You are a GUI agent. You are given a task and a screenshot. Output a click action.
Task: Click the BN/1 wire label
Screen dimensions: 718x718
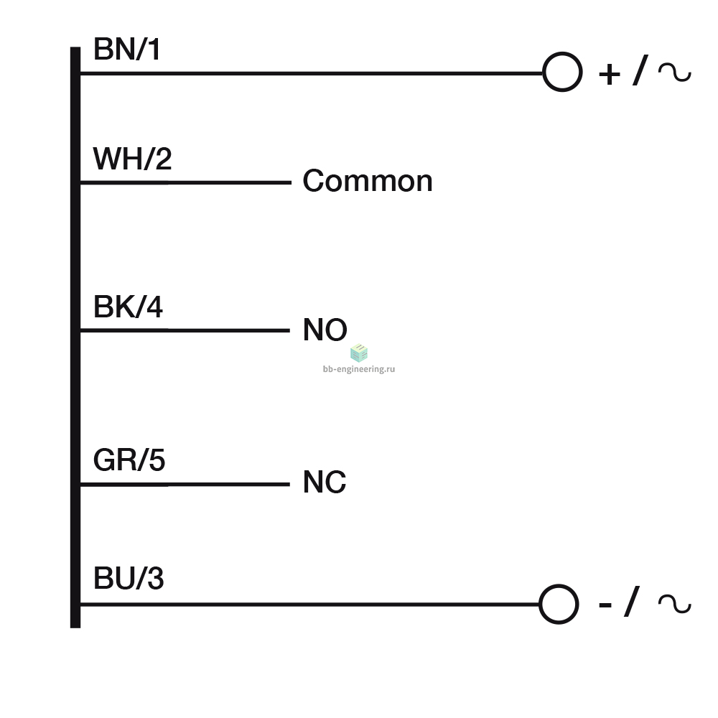pyautogui.click(x=127, y=50)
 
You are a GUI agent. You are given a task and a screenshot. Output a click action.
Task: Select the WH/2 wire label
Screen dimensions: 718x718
pyautogui.click(x=132, y=159)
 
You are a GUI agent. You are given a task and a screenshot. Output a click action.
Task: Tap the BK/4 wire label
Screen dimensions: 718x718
pyautogui.click(x=128, y=307)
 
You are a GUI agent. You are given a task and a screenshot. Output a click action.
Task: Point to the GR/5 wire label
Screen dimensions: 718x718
pyautogui.click(x=129, y=460)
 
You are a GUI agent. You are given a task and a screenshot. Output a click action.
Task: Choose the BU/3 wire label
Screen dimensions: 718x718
pyautogui.click(x=129, y=578)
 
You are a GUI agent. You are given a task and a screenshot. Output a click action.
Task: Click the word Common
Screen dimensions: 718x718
pyautogui.click(x=368, y=181)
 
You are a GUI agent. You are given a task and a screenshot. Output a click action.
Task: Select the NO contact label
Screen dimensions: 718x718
pyautogui.click(x=325, y=330)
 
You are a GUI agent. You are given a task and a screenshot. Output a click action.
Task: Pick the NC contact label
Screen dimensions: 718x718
pyautogui.click(x=325, y=482)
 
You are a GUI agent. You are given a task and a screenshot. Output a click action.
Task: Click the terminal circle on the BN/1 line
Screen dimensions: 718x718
pyautogui.click(x=562, y=53)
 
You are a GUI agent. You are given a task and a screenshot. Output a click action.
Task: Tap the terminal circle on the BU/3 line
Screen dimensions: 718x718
pyautogui.click(x=559, y=586)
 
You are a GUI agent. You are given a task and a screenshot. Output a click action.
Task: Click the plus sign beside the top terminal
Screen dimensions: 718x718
pyautogui.click(x=610, y=74)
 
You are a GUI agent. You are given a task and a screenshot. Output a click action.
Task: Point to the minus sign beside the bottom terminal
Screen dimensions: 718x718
pyautogui.click(x=605, y=605)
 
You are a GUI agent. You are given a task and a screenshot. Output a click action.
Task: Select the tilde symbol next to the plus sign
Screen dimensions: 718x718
pyautogui.click(x=675, y=73)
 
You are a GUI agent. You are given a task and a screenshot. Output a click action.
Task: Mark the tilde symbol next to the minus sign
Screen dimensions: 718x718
pyautogui.click(x=674, y=604)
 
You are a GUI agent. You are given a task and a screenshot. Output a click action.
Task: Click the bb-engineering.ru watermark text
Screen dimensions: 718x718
pyautogui.click(x=359, y=369)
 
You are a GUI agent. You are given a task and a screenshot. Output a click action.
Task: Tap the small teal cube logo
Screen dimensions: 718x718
pyautogui.click(x=359, y=353)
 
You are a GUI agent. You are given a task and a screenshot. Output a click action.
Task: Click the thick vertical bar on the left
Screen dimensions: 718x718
pyautogui.click(x=75, y=337)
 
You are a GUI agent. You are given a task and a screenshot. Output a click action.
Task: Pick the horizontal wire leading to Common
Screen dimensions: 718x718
pyautogui.click(x=186, y=182)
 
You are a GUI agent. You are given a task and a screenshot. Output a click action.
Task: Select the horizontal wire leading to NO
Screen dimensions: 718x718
pyautogui.click(x=185, y=330)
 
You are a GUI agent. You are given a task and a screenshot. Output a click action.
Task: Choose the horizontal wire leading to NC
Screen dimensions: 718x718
pyautogui.click(x=185, y=484)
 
